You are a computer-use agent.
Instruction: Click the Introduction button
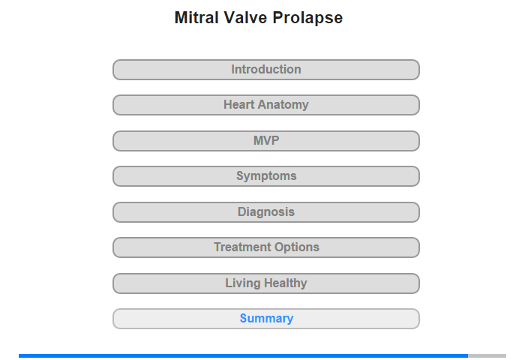[x=266, y=70]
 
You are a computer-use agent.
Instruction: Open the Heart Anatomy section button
[x=266, y=105]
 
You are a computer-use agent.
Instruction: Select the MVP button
[x=266, y=141]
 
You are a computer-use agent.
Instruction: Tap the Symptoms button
[x=266, y=176]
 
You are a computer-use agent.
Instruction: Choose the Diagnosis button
[x=266, y=212]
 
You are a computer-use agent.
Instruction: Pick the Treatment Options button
[x=266, y=247]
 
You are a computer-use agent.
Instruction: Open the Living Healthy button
[x=266, y=283]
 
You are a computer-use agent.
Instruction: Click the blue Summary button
[x=266, y=319]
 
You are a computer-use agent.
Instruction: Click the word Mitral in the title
[x=196, y=18]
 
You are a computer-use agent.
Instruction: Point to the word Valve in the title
[x=245, y=18]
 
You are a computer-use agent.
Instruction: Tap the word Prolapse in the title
[x=307, y=19]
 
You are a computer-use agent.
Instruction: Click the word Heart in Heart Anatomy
[x=239, y=104]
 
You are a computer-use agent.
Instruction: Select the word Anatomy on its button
[x=283, y=105]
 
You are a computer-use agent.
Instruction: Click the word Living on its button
[x=243, y=283]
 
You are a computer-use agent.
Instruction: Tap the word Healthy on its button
[x=285, y=283]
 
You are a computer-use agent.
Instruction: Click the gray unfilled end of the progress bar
[x=487, y=355]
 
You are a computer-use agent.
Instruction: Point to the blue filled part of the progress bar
[x=244, y=355]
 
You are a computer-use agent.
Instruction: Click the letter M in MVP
[x=258, y=141]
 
